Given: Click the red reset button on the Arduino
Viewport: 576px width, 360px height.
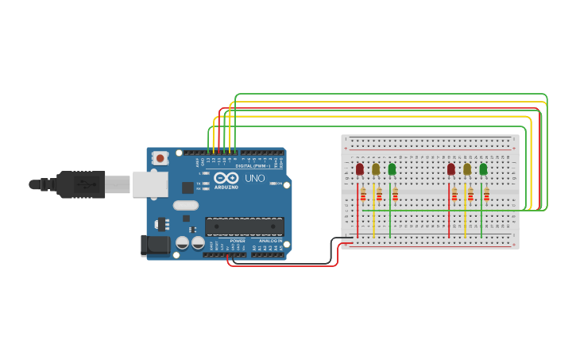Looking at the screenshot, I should point(160,158).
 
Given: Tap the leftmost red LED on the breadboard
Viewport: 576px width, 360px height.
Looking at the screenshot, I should point(359,169).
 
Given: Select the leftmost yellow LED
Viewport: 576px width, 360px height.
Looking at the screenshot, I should point(376,169).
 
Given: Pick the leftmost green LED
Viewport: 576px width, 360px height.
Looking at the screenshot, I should point(392,169).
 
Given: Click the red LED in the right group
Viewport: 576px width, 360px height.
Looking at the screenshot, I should point(450,169).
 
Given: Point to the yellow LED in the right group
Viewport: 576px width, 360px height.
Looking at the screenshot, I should point(467,169).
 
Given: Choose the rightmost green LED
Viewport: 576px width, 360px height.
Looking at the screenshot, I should point(483,169).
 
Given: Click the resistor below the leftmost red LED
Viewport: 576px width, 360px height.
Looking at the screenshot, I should point(363,195).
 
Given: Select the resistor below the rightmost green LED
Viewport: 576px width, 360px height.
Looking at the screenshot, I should point(486,195).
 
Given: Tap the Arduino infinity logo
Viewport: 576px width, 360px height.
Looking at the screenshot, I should point(226,178).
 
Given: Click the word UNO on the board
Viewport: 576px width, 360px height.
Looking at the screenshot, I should point(254,178).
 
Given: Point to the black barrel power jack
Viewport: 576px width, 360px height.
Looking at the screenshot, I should point(154,245).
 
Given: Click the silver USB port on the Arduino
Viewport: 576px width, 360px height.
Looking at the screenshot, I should point(149,184).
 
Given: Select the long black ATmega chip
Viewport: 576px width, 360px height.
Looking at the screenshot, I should point(244,226).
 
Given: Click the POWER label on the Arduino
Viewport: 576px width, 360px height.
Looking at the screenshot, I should point(238,241).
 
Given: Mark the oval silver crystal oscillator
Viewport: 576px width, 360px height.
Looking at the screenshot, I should point(185,206).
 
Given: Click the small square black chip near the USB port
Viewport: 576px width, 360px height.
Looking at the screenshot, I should point(187,188).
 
